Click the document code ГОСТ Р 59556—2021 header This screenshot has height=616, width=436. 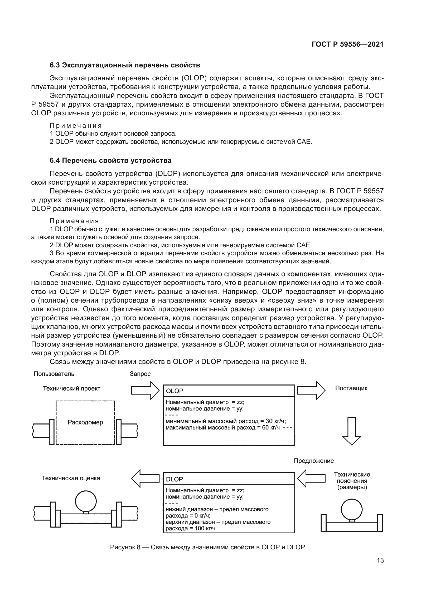coord(347,45)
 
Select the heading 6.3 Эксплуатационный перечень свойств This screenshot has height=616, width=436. coord(125,65)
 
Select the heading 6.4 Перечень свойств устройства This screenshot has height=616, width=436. coord(110,161)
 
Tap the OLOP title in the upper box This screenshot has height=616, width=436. coord(175,391)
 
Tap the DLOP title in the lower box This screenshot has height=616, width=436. coord(175,479)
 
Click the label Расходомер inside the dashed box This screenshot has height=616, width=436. coord(85,422)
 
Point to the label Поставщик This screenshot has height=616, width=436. coord(351,388)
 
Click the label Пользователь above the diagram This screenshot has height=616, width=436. coord(54,374)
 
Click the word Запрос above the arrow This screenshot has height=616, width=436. coord(140,374)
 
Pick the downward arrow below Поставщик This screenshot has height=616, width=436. coord(351,431)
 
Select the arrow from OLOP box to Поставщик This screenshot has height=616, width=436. coord(311,390)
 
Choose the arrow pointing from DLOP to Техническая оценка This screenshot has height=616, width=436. coord(145,478)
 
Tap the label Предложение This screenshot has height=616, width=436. coord(314,461)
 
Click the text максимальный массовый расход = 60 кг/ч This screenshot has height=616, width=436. coord(222,427)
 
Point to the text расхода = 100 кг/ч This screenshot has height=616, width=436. coord(190,529)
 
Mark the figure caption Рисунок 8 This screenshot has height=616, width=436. coord(207,547)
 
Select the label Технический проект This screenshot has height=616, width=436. coord(71,388)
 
